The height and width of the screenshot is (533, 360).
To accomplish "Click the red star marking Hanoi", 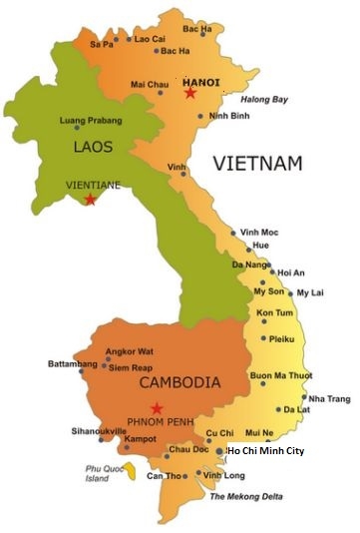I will [x=190, y=93].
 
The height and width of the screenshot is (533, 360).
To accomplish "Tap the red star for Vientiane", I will [x=91, y=200].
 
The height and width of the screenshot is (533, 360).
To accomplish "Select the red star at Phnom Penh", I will [x=157, y=407].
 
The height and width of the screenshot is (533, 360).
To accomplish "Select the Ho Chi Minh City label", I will [x=265, y=451].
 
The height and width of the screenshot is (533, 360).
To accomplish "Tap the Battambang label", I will [x=73, y=364].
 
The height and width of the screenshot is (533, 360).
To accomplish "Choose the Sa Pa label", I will [x=101, y=45].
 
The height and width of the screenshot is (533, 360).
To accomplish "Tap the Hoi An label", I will [x=291, y=272].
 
